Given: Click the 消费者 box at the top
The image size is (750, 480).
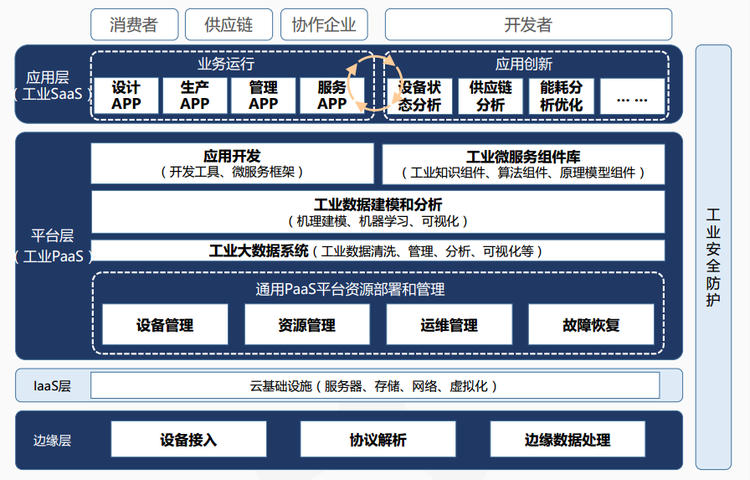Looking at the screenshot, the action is (x=135, y=24).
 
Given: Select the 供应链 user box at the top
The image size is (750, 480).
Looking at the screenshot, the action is (x=229, y=24).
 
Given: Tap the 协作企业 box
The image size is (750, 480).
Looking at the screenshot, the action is (x=324, y=24).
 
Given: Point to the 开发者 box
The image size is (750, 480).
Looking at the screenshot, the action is (x=528, y=24).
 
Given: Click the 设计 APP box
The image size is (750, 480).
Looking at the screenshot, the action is (x=126, y=95).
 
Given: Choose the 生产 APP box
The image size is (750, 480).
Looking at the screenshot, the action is (x=195, y=95).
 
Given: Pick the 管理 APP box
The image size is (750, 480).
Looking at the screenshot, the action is (x=263, y=95).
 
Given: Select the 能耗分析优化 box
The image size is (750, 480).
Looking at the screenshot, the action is (x=562, y=96).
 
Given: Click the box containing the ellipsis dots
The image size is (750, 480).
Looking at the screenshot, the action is (x=632, y=96).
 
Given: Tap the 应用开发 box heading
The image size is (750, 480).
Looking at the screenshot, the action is (x=232, y=156).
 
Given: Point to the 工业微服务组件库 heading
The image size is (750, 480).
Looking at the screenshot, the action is (x=523, y=157).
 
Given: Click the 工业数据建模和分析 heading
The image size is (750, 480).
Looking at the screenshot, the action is (x=378, y=205).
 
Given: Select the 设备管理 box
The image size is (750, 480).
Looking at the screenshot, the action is (x=165, y=324).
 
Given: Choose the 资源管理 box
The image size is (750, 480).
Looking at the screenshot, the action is (x=307, y=324).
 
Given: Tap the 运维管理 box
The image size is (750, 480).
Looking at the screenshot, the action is (x=449, y=324).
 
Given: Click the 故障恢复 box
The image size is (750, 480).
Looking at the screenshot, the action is (x=591, y=324).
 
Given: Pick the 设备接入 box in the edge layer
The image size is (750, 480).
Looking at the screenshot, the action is (x=188, y=439).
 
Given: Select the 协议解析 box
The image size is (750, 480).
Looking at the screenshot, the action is (x=378, y=439).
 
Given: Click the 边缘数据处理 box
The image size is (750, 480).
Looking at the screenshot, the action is (x=568, y=439).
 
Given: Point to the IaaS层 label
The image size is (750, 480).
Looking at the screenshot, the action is (x=52, y=385).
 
